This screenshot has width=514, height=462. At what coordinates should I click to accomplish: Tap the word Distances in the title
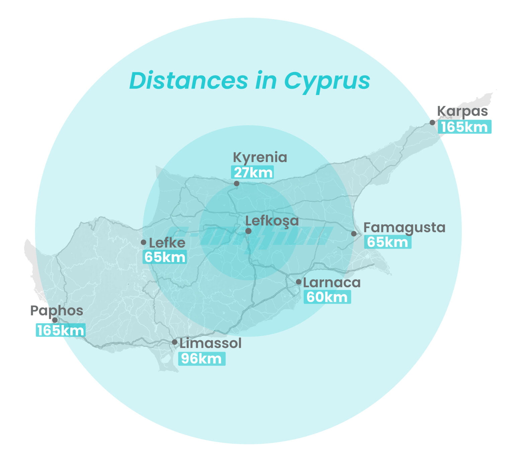(188, 81)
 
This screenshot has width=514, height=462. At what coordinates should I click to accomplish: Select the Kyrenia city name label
(260, 157)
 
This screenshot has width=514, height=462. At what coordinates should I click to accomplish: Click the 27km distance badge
(253, 172)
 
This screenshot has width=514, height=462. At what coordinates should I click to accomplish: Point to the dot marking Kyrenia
(237, 183)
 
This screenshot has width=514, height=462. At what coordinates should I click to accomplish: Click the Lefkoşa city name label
(272, 221)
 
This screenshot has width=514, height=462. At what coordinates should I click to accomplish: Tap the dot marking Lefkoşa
(248, 231)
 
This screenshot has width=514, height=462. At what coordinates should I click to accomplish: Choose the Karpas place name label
(462, 111)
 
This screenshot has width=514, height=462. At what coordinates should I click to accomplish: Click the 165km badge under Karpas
(464, 127)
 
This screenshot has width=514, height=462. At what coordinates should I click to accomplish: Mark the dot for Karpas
(432, 122)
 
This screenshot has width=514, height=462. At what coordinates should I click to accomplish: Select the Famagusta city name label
(404, 227)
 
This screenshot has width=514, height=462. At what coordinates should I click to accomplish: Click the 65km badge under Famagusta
(388, 242)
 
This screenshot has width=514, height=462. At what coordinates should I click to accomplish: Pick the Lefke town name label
(167, 243)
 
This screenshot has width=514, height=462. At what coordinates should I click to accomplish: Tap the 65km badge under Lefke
(165, 257)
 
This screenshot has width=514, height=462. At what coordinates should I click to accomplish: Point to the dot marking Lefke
(144, 242)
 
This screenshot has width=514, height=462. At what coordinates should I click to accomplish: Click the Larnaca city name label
(332, 283)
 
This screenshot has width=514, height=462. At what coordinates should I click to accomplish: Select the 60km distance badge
(327, 297)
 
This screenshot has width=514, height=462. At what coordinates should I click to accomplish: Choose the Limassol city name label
(210, 343)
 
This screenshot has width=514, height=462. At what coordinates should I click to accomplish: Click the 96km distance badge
(201, 359)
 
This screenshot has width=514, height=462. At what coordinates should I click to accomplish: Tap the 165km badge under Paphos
(61, 331)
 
